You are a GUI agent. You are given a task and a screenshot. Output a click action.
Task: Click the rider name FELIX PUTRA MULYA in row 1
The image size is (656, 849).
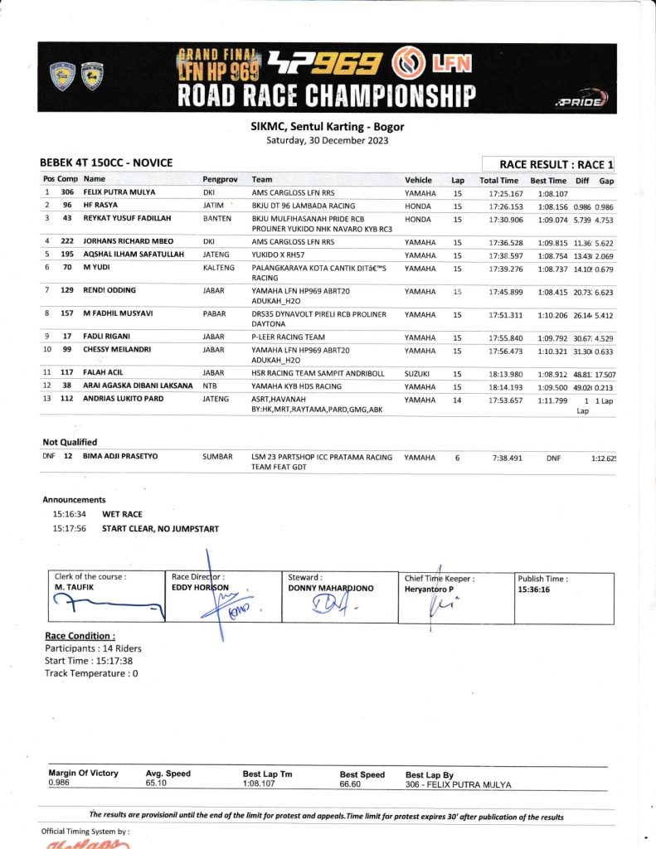point(121,192)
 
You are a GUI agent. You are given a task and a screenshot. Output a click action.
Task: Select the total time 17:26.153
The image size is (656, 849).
point(498,206)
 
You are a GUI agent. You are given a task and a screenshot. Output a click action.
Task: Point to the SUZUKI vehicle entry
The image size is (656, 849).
point(419,374)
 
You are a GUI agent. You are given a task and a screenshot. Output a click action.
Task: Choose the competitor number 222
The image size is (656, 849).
point(68,241)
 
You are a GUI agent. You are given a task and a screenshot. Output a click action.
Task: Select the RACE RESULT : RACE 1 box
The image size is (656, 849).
point(552,164)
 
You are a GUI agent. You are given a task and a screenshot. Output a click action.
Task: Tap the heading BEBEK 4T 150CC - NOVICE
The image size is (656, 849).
point(106,163)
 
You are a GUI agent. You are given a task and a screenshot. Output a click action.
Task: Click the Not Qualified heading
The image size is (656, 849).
point(70,443)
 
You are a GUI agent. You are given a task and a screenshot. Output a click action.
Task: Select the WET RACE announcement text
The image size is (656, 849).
point(122,514)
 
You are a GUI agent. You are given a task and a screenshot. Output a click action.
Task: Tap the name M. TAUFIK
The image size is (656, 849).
point(73,588)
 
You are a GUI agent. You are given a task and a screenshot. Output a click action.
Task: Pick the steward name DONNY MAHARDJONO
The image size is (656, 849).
point(330,588)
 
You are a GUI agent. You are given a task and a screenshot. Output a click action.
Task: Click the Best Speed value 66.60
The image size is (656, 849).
point(353,784)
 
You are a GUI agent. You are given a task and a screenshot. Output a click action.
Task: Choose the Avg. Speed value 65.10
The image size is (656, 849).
point(156,783)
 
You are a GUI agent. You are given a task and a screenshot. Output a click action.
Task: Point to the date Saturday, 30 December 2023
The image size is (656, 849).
point(327,140)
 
